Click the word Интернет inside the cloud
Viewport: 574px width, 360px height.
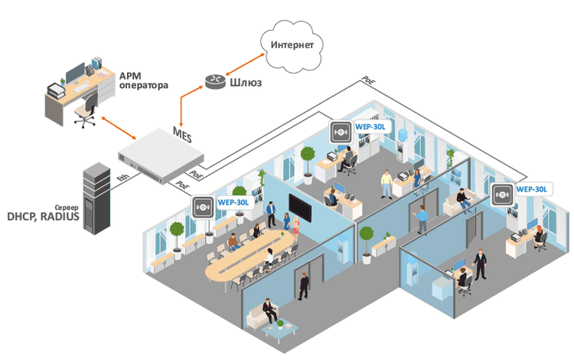(x=292, y=44)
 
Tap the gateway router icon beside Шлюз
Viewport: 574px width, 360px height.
(x=215, y=81)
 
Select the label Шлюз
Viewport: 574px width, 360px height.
(x=246, y=83)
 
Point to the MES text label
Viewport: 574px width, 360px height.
(x=182, y=134)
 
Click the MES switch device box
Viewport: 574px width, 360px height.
(x=161, y=155)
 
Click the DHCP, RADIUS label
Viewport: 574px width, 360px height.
(x=43, y=217)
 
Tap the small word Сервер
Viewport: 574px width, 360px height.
(x=67, y=208)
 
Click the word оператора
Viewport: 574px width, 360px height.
(x=144, y=86)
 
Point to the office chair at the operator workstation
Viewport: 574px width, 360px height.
(x=86, y=110)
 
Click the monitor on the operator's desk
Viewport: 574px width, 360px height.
(x=76, y=73)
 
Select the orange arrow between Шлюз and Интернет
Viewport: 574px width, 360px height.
(x=245, y=64)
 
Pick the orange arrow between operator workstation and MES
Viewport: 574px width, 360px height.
(x=119, y=128)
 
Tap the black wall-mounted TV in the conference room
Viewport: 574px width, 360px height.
(x=300, y=208)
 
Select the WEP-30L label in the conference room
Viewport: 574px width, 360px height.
(x=233, y=202)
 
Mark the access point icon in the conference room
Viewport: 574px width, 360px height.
(x=203, y=208)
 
